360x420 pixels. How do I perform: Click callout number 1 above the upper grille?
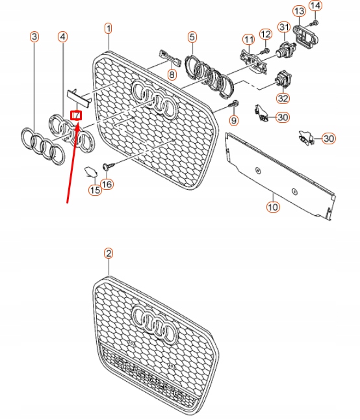click(109, 28)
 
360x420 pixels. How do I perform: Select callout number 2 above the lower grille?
click(109, 254)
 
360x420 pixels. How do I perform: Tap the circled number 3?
click(34, 38)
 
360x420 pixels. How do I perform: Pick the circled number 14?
click(315, 6)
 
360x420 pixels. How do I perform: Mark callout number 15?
click(95, 190)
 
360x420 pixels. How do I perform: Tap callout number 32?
click(283, 99)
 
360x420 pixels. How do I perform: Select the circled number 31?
click(283, 27)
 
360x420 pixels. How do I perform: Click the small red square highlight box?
click(76, 116)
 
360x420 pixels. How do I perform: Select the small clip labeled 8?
click(169, 59)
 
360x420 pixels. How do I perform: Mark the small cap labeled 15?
click(90, 172)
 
